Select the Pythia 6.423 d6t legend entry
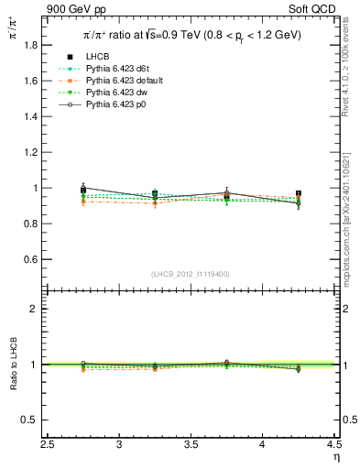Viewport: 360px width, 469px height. (115, 69)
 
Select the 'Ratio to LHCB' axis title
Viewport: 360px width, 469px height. (13, 365)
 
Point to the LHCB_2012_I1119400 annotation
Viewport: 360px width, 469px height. (191, 274)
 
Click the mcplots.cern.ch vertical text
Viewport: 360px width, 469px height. (351, 215)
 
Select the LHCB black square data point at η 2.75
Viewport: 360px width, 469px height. (83, 191)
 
